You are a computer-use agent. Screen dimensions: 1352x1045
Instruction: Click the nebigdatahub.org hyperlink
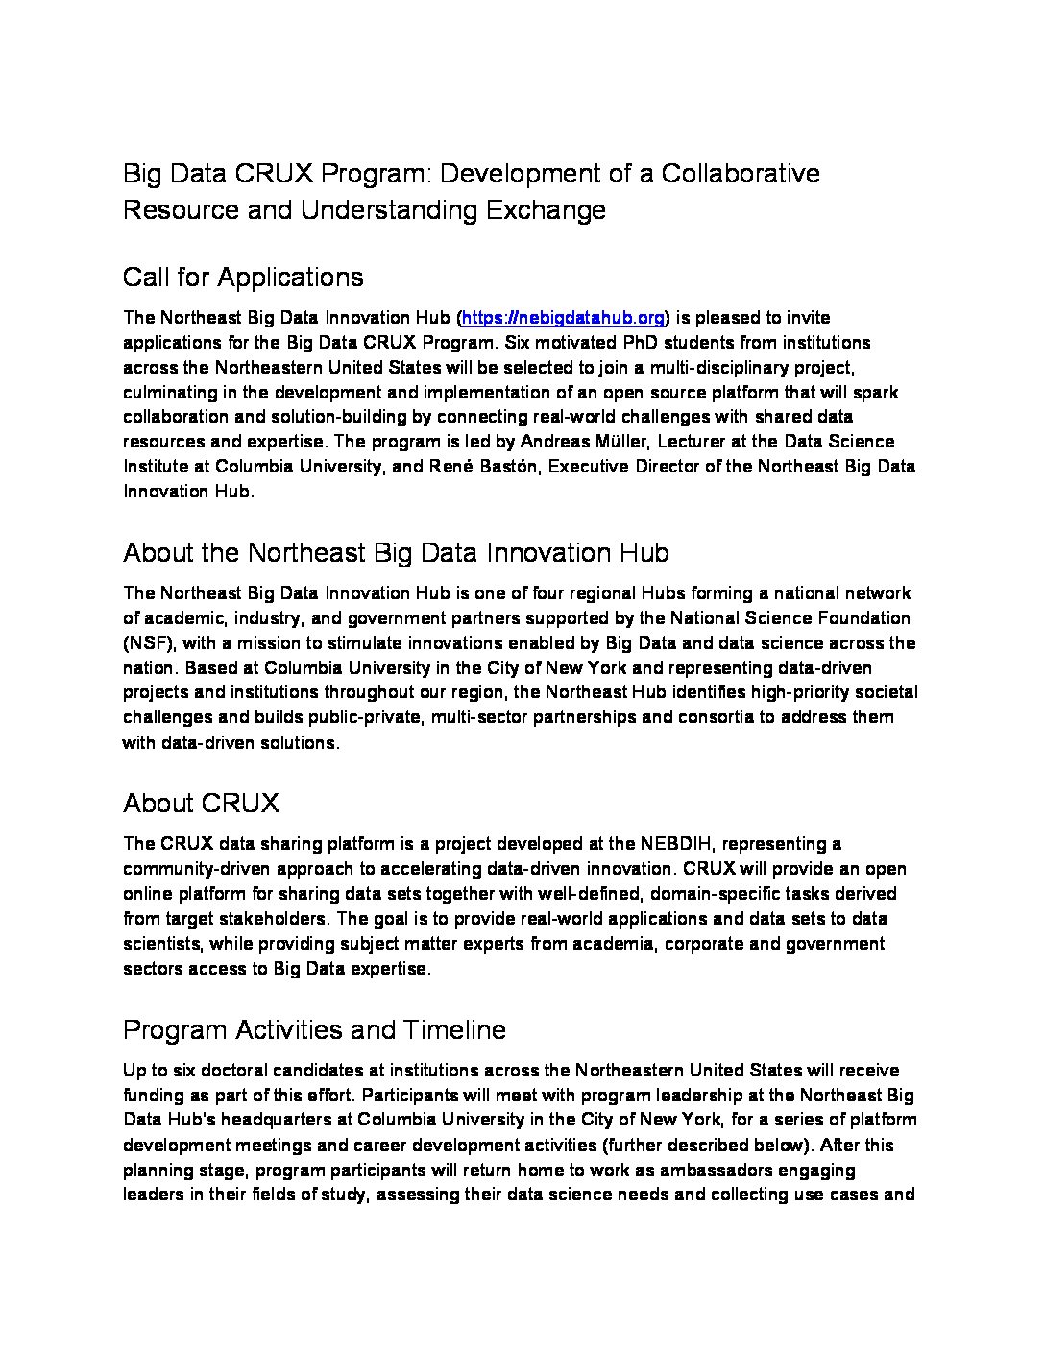tap(564, 318)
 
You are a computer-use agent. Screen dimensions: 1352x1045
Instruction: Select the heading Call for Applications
tap(243, 278)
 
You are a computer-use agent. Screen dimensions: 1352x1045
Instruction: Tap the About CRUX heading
tap(201, 803)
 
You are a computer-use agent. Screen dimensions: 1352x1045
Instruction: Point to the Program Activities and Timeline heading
tap(314, 1030)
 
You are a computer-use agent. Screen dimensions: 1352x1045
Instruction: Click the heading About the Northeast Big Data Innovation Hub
tap(396, 553)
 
